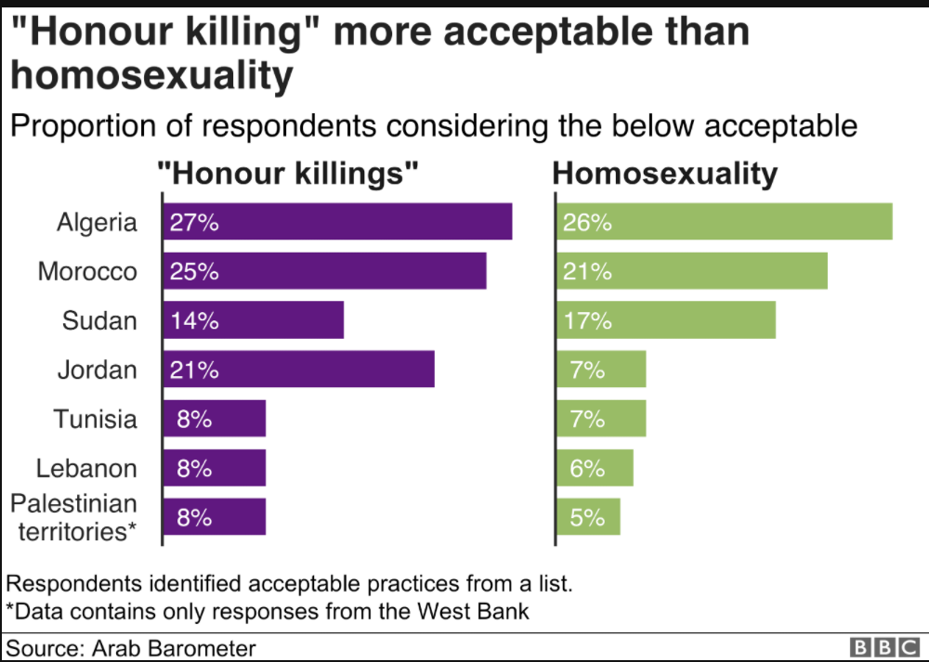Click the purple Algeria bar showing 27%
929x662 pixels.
point(337,222)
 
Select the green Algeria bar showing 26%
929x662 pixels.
point(725,222)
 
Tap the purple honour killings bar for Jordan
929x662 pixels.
point(298,370)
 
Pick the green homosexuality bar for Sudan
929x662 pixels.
point(666,320)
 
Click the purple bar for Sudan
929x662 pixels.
point(253,320)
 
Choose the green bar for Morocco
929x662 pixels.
point(692,271)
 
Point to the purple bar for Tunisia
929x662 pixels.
point(215,419)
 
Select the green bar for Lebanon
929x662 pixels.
point(595,468)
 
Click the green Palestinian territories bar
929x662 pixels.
point(588,517)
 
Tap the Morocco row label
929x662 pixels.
point(87,271)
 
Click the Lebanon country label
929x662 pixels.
point(86,468)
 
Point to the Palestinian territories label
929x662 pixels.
point(73,517)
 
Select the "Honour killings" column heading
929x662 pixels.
point(288,174)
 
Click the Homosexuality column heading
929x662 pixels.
point(665,174)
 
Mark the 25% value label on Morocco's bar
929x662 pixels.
point(194,271)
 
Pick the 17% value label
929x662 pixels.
point(587,320)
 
